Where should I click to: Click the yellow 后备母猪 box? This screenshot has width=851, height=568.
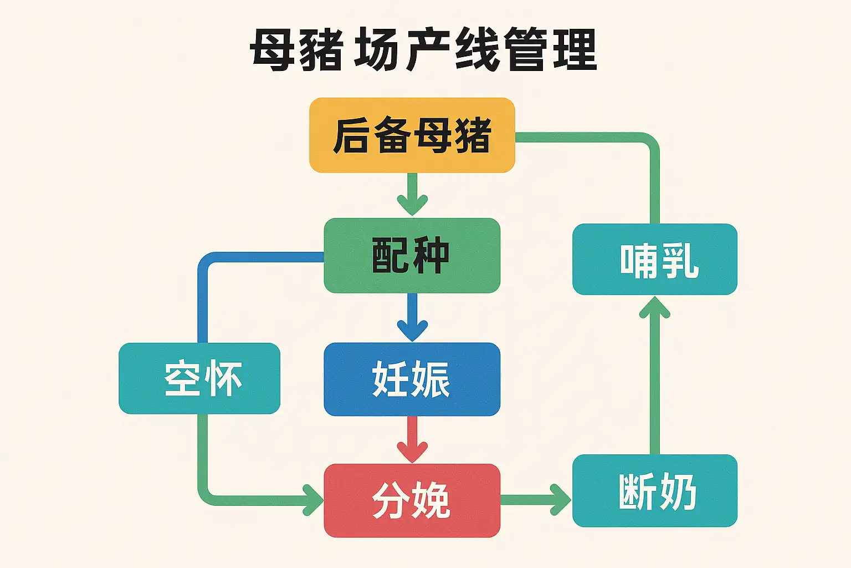412,135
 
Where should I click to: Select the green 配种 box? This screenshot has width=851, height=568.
412,255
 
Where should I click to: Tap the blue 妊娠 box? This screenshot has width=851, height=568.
412,379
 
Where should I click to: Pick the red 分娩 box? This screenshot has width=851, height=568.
412,500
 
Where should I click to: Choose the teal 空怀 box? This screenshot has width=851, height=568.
199,378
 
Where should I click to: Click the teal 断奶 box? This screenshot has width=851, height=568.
654,490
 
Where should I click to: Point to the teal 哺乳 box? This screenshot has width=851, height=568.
654,259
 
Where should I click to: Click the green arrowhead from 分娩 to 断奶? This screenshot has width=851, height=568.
560,499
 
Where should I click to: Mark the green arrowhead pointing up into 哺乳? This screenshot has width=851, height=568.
654,307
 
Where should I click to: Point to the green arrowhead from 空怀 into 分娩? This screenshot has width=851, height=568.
312,499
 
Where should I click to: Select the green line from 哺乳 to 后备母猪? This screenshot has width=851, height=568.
654,177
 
